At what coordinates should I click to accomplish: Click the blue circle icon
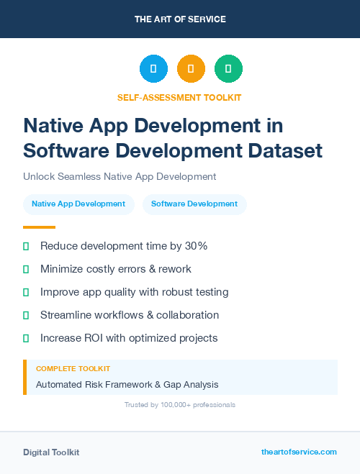click(x=153, y=69)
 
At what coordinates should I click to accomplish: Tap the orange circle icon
click(x=191, y=69)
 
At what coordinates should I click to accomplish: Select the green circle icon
click(x=228, y=69)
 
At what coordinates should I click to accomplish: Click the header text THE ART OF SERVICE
click(x=180, y=19)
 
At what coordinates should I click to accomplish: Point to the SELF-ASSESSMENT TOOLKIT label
click(x=179, y=97)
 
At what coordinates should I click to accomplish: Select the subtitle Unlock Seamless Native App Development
click(x=120, y=176)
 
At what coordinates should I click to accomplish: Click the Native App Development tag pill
click(x=78, y=204)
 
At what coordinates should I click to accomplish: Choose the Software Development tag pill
click(x=194, y=204)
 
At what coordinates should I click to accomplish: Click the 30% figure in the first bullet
click(x=196, y=246)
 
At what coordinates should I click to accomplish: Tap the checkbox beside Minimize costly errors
click(x=26, y=269)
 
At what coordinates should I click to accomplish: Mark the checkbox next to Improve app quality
click(x=26, y=292)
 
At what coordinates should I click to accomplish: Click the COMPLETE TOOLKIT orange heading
click(x=73, y=368)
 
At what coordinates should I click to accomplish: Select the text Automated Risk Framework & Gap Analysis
click(x=127, y=385)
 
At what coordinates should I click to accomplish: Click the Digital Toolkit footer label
click(x=51, y=452)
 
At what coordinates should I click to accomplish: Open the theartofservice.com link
click(x=299, y=452)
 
